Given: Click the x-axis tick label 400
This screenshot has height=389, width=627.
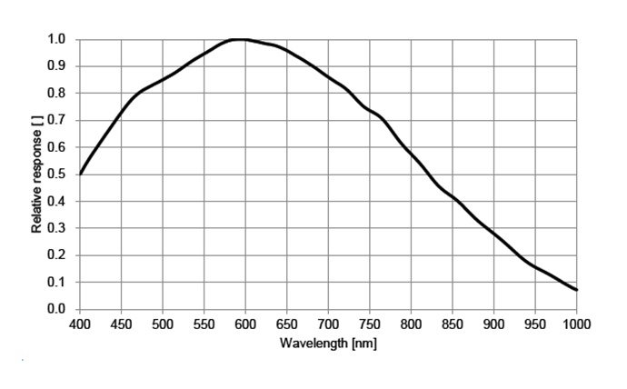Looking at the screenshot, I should [x=80, y=324].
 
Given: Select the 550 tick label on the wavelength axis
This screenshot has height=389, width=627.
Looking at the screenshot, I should [x=204, y=324].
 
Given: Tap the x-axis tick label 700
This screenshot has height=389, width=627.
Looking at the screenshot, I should [x=329, y=324].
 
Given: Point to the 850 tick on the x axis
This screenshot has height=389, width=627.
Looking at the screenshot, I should [x=453, y=324].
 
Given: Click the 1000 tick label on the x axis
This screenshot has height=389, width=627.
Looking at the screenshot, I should [x=575, y=324].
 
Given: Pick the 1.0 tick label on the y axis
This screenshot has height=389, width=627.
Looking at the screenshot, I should [x=57, y=39].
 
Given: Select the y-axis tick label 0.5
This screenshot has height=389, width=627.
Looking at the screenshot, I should [x=57, y=175].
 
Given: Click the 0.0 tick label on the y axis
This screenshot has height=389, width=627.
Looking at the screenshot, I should [x=57, y=309].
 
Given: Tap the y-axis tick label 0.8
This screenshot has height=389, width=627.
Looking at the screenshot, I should [x=57, y=93].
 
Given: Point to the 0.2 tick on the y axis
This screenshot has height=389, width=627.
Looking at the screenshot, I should [x=57, y=255].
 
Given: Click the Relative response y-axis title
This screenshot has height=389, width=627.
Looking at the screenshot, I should [x=37, y=174].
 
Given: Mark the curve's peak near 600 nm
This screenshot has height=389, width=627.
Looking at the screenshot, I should [x=241, y=39].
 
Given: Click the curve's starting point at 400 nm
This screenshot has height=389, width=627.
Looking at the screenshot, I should [x=81, y=174].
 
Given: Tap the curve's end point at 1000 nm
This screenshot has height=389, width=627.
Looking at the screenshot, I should [x=577, y=290].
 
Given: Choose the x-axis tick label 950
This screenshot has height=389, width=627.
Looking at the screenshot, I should [x=535, y=324].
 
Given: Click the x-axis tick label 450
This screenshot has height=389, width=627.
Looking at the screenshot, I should [x=122, y=324].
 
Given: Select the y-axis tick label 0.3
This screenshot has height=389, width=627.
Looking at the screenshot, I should [x=57, y=228].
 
